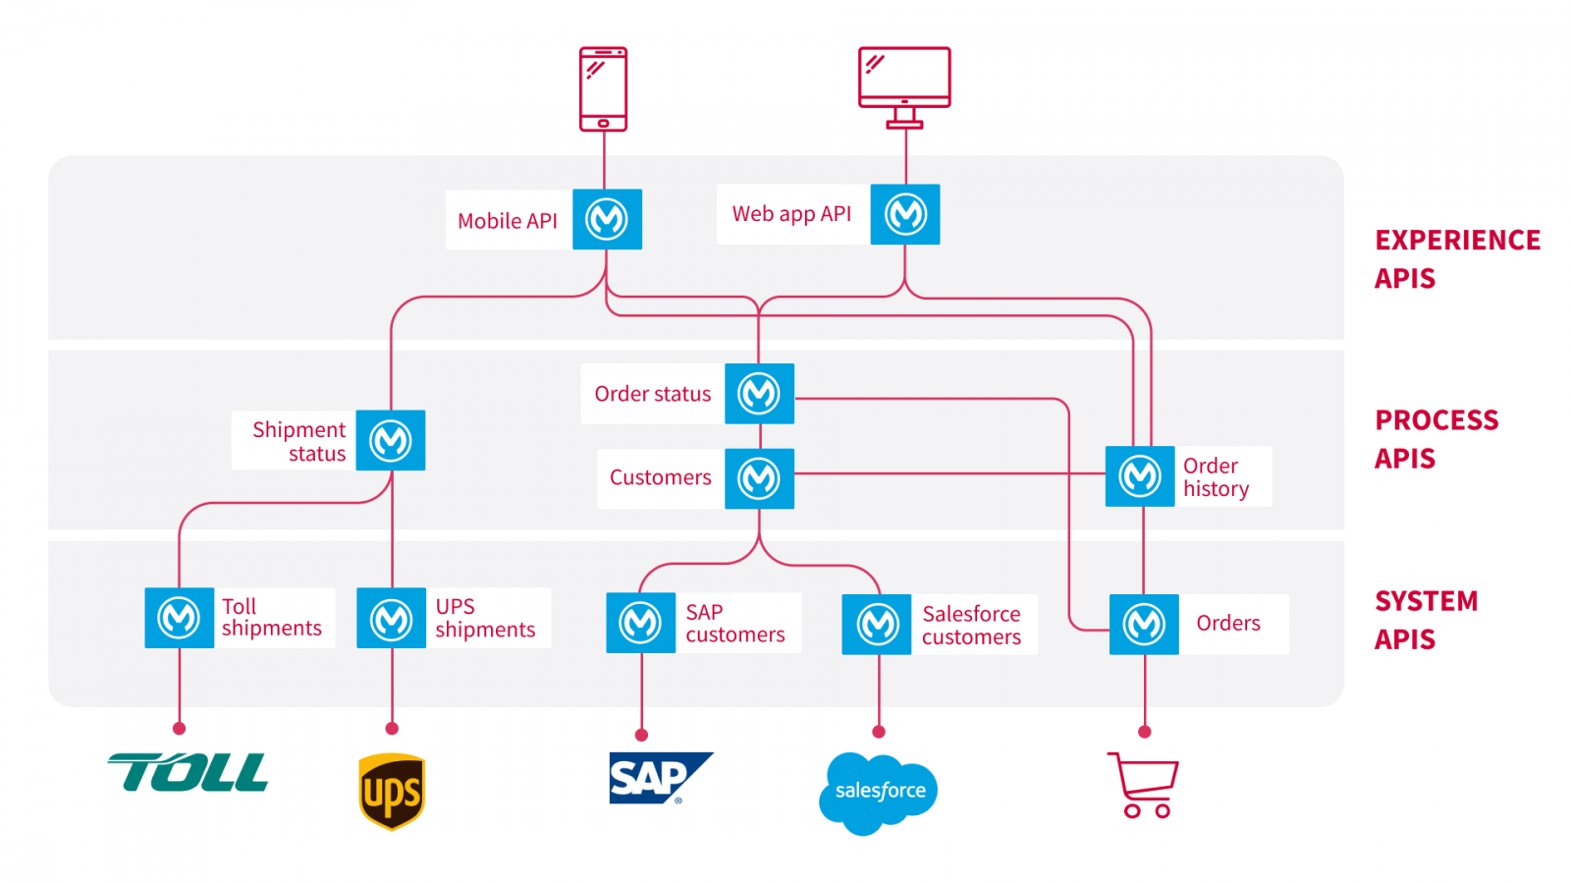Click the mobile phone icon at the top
pos(603,88)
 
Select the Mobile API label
pos(508,221)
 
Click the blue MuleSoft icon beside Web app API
pos(905,214)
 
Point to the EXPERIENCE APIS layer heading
pos(1457,259)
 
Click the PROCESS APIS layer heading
pos(1436,439)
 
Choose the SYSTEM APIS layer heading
pos(1426,620)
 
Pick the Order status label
pos(652,394)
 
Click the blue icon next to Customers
pos(759,478)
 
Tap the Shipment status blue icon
pos(390,440)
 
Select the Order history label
pos(1217,477)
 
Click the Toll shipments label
pos(271,618)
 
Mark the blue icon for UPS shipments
pos(391,619)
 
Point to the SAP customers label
pos(735,624)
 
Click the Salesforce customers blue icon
pos(877,624)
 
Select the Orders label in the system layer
pos(1228,623)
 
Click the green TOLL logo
pos(189,772)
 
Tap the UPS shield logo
pos(392,791)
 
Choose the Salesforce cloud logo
pos(879,792)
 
